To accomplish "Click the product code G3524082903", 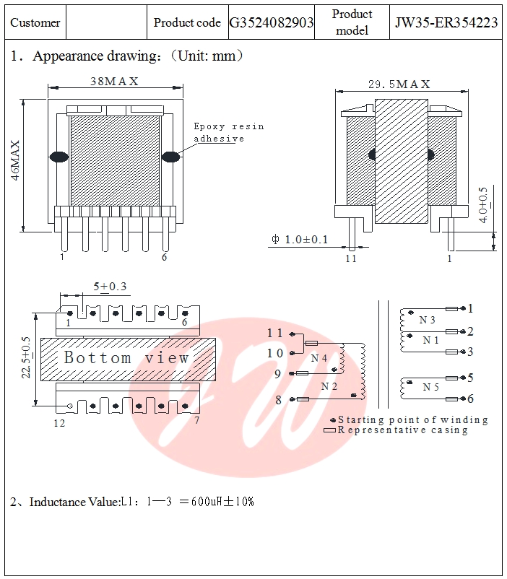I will click(272, 23).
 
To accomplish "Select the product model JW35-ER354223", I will click(446, 23).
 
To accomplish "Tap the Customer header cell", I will click(35, 23).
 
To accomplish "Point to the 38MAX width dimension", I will click(114, 82).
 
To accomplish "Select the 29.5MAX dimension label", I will click(399, 84).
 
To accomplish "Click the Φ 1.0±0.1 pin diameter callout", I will click(300, 240).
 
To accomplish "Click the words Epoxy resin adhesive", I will click(228, 132).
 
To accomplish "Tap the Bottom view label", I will click(127, 357).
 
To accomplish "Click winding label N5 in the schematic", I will click(431, 387).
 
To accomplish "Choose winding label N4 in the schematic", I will click(319, 358).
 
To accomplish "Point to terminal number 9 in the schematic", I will click(277, 374).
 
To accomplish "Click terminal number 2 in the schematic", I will click(470, 331).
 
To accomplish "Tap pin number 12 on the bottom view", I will click(59, 423).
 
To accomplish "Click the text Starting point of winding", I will click(413, 419).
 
